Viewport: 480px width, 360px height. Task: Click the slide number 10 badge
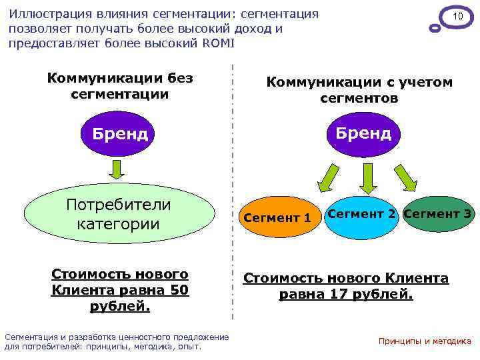click(x=457, y=16)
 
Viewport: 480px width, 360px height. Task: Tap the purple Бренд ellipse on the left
click(x=120, y=133)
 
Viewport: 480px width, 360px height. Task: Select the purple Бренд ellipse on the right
click(x=364, y=133)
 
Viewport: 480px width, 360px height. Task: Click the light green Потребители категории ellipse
click(x=119, y=214)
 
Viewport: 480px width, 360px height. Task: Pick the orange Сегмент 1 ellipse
click(x=277, y=218)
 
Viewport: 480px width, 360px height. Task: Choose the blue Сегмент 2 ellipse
click(x=362, y=215)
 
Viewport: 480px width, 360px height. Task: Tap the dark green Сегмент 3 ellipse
click(x=438, y=215)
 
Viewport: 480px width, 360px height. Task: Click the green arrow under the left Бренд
click(x=117, y=172)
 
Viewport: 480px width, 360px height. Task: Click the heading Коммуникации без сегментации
click(x=120, y=86)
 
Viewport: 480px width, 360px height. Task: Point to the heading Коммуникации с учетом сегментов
click(x=359, y=90)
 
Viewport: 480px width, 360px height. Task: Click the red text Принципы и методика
click(x=425, y=341)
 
